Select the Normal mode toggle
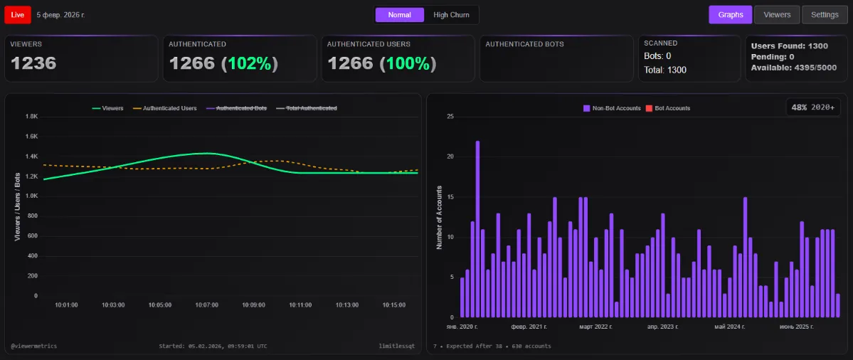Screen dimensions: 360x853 399,15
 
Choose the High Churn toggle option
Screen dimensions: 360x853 451,15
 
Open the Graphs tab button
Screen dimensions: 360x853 730,15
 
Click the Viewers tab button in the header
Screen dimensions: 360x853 776,15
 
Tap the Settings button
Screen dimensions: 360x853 825,15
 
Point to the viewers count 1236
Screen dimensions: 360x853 33,63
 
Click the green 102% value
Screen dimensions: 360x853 249,63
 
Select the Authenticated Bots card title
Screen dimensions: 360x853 524,44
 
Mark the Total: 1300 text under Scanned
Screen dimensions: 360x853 665,70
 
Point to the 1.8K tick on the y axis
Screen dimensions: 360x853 31,117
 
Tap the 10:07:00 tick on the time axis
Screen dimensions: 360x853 206,305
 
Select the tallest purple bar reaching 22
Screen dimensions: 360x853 477,228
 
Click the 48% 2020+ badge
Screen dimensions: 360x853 813,107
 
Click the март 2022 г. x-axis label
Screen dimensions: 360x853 595,327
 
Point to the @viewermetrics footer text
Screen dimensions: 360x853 33,346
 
